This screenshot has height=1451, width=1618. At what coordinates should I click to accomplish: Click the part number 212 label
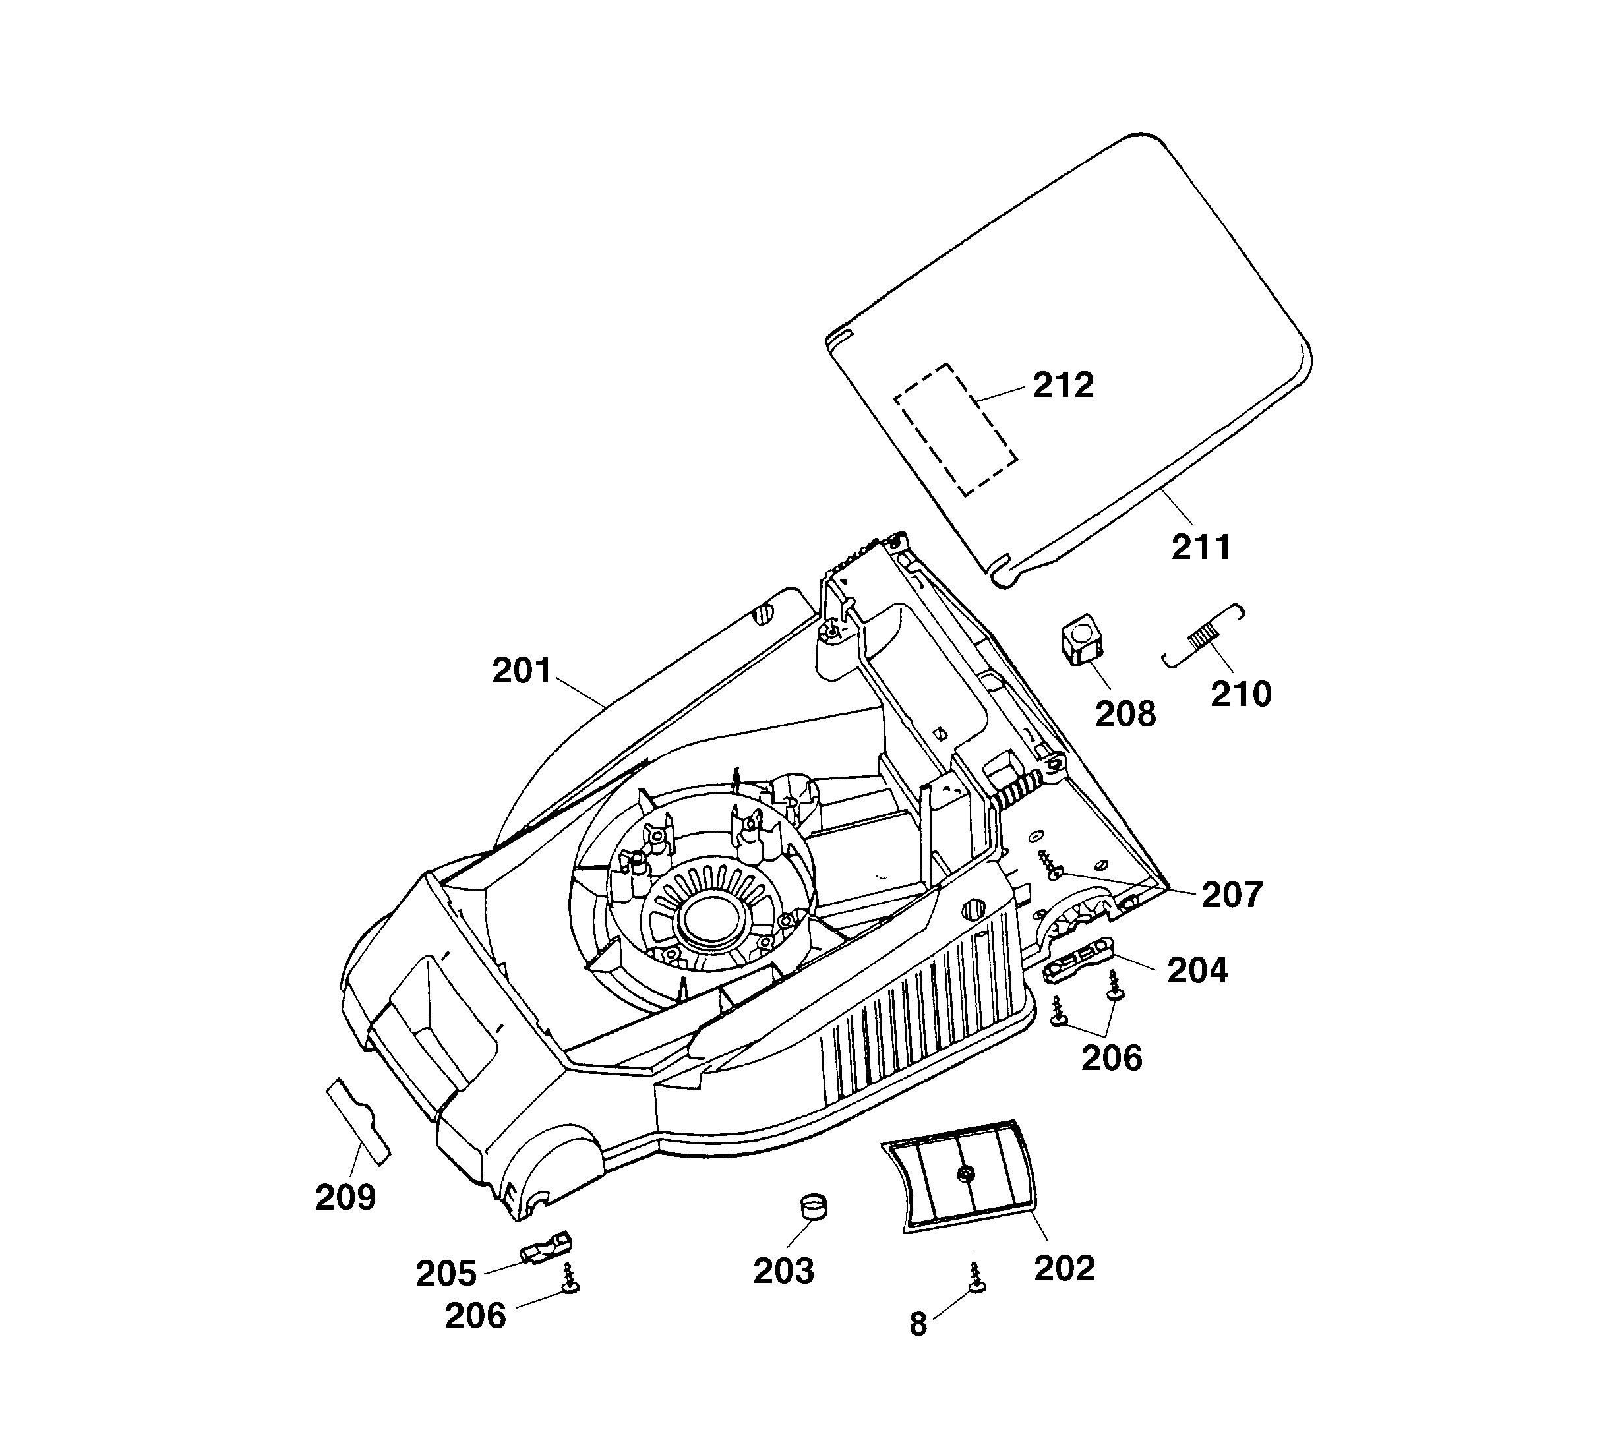tap(1063, 386)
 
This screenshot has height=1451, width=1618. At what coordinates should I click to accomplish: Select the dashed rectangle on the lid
tap(955, 430)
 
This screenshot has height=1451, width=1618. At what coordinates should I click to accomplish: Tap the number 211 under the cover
tap(1201, 548)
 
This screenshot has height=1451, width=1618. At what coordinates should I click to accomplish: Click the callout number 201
tap(522, 671)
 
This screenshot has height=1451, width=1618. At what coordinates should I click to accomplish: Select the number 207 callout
tap(1232, 895)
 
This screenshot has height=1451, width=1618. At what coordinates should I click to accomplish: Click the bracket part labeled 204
tap(1079, 956)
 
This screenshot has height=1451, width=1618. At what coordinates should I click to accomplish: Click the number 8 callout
tap(918, 1324)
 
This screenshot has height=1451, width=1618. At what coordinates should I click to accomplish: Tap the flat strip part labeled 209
tap(359, 1121)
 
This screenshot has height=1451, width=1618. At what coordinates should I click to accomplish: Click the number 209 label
tap(345, 1197)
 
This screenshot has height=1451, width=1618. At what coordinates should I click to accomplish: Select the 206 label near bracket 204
tap(1112, 1058)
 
